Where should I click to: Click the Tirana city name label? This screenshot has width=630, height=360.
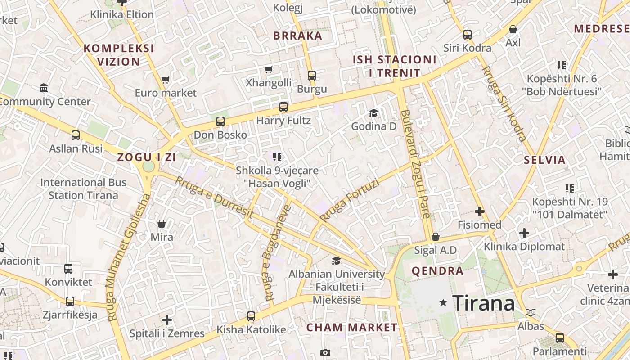[483, 303]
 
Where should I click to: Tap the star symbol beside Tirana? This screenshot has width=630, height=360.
[444, 303]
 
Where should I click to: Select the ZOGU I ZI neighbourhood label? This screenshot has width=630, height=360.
[146, 157]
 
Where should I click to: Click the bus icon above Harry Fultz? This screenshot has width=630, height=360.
[283, 107]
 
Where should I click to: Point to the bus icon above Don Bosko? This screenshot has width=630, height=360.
[220, 121]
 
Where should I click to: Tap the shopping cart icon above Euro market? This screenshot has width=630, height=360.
[166, 80]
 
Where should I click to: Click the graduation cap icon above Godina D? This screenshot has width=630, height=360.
[373, 112]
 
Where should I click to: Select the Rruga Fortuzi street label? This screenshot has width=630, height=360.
[350, 198]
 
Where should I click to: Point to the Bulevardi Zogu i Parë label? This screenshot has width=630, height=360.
[417, 164]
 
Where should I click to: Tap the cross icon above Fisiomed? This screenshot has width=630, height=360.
[480, 211]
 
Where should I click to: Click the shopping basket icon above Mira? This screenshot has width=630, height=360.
[162, 224]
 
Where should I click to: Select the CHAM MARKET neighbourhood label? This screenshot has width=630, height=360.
[352, 327]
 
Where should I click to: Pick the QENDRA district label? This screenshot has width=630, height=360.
[437, 271]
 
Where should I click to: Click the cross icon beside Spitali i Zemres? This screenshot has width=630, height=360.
[167, 320]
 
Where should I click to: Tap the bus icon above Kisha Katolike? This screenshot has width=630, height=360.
[251, 316]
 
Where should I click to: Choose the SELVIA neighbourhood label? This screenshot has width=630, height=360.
[544, 160]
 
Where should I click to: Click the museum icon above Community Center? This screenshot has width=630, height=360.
[44, 88]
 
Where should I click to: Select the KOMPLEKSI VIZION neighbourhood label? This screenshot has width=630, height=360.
[119, 55]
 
